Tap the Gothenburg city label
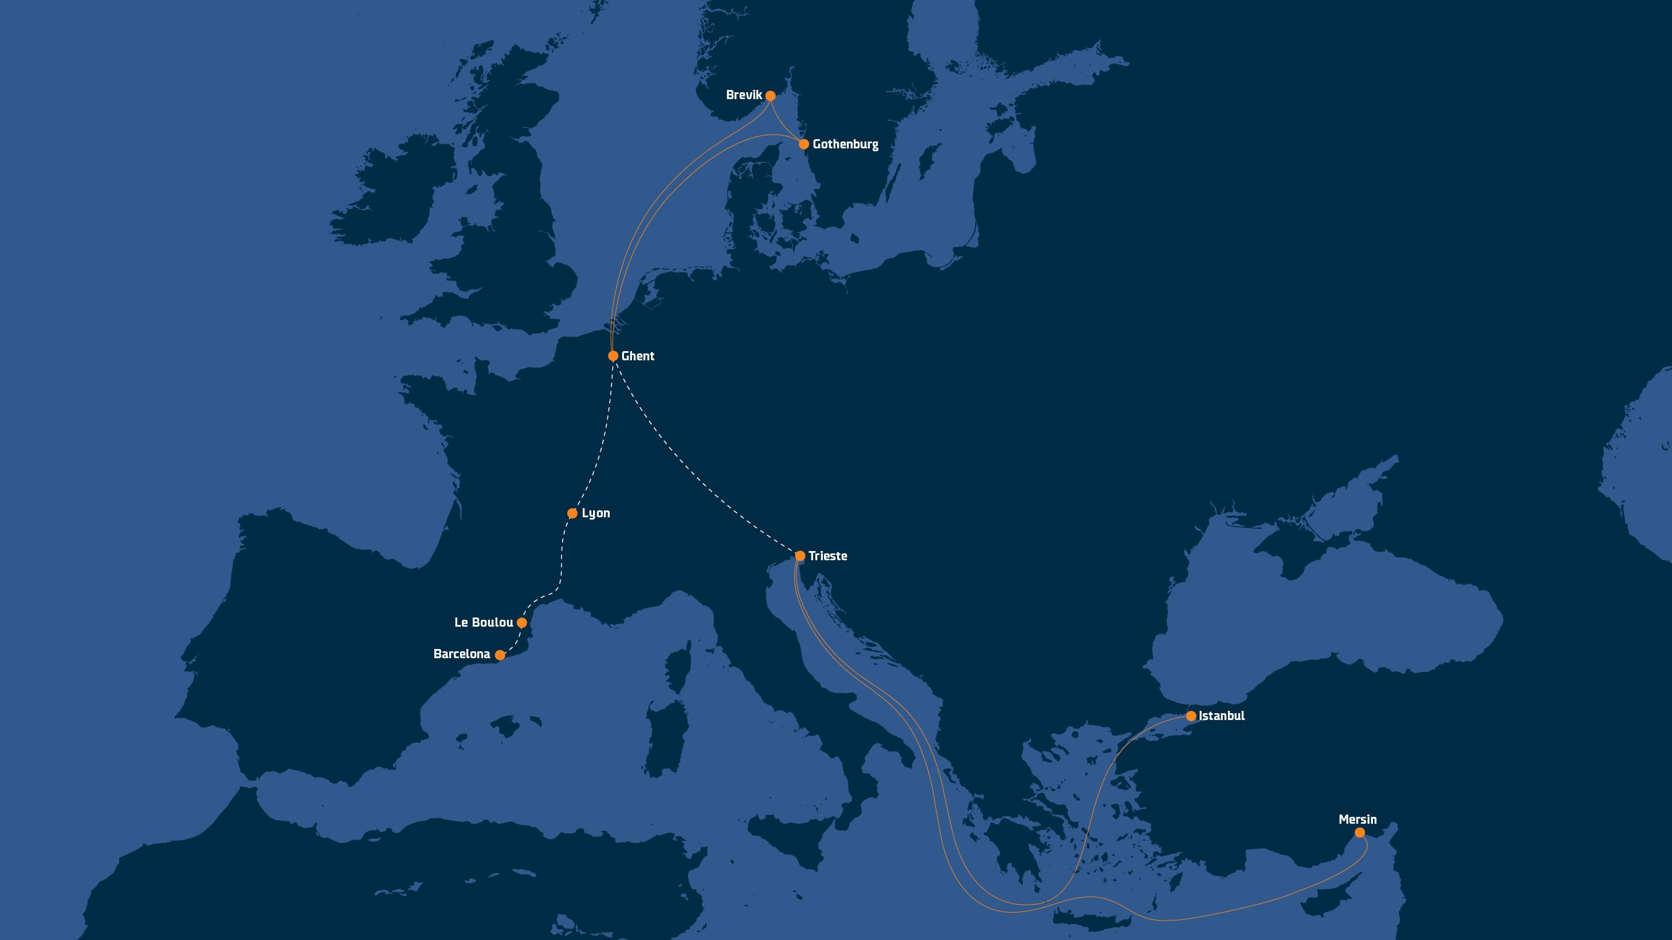845,144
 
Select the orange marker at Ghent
613,356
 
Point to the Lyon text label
595,513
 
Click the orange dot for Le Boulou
522,623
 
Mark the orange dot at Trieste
800,556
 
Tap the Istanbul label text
1221,715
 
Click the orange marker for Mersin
1360,832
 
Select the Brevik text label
744,95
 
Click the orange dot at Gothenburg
803,144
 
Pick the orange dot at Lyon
572,514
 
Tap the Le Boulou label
484,622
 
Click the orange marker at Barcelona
500,655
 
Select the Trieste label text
827,556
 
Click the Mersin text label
1357,819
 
